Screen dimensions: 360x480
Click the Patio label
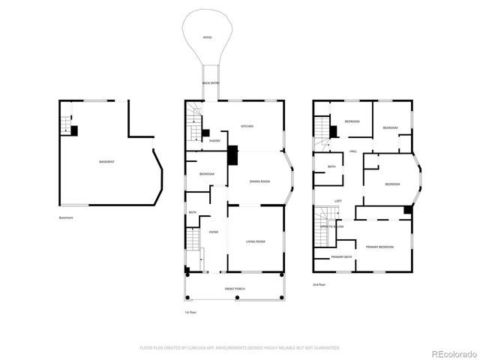pyautogui.click(x=207, y=37)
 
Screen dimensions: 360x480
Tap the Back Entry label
pyautogui.click(x=210, y=82)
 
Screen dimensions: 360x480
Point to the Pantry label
pyautogui.click(x=214, y=140)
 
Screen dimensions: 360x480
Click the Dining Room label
pyautogui.click(x=259, y=181)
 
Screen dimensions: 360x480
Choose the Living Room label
pyautogui.click(x=256, y=241)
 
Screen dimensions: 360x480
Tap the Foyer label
pyautogui.click(x=214, y=232)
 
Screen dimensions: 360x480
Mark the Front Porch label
pyautogui.click(x=235, y=289)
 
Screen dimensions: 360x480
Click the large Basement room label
pyautogui.click(x=107, y=162)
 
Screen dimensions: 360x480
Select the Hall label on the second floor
pyautogui.click(x=352, y=151)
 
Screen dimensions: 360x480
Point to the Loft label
pyautogui.click(x=338, y=201)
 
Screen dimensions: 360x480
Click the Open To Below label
pyautogui.click(x=331, y=226)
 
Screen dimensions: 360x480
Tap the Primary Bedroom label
pyautogui.click(x=379, y=247)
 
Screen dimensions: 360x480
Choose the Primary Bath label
pyautogui.click(x=342, y=257)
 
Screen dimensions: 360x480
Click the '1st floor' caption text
pyautogui.click(x=190, y=312)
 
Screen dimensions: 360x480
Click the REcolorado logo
pyautogui.click(x=451, y=352)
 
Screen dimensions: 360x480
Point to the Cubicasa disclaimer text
pyautogui.click(x=240, y=348)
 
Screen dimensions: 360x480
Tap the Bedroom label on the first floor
pyautogui.click(x=207, y=174)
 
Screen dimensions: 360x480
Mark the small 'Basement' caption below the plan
pyautogui.click(x=66, y=218)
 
